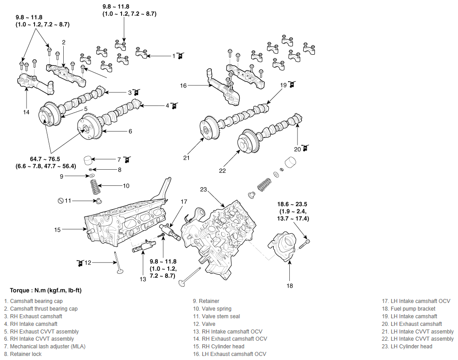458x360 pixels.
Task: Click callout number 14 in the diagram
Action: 26,112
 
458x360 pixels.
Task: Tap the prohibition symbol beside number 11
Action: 61,201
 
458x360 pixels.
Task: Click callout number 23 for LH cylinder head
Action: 203,189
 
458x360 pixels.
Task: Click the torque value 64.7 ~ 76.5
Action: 45,159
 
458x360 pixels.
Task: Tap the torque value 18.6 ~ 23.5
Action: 292,204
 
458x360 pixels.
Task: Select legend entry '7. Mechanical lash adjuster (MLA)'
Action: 45,347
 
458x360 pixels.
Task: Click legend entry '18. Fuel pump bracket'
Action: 408,308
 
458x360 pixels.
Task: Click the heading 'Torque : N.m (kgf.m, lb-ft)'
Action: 46,290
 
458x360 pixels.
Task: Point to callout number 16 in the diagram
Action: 183,86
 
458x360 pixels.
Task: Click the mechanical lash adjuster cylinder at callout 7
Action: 87,160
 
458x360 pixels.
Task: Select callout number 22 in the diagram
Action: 222,171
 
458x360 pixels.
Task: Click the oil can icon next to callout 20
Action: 305,148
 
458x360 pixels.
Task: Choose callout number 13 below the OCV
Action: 143,279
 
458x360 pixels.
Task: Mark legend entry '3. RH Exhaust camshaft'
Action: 33,316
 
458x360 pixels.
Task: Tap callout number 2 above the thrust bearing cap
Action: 64,42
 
